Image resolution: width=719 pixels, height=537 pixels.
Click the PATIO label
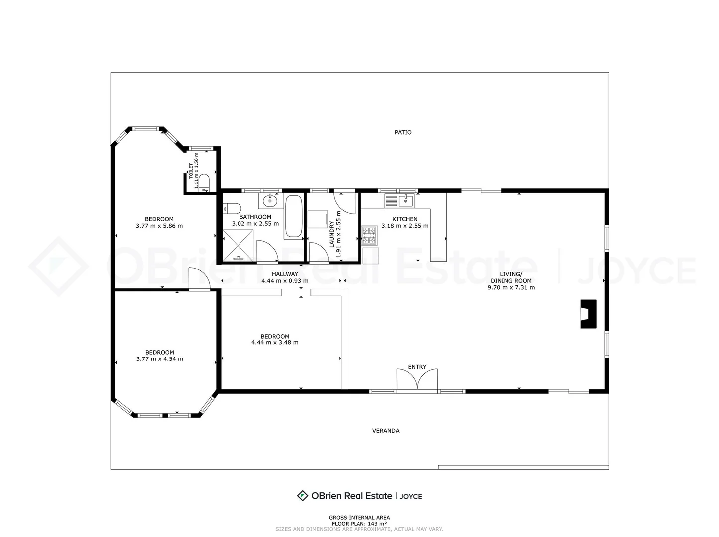(x=403, y=132)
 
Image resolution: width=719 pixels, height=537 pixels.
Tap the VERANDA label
(x=386, y=431)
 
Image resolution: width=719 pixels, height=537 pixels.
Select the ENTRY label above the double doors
(x=417, y=367)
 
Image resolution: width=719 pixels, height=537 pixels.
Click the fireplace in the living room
(x=588, y=314)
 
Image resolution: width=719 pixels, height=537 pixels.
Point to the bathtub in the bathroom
(x=294, y=216)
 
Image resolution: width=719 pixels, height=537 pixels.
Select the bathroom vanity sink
(x=270, y=201)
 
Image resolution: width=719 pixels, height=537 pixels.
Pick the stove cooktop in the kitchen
(x=369, y=236)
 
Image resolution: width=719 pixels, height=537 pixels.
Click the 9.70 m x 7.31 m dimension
(x=511, y=288)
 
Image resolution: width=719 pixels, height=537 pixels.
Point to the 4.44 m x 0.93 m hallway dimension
(x=285, y=281)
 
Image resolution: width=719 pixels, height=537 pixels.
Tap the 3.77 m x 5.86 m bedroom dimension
(x=159, y=226)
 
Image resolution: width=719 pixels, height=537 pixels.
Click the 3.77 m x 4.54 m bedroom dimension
(x=159, y=359)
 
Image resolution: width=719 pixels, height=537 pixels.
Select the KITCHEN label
(x=405, y=219)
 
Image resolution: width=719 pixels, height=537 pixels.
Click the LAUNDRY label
(x=332, y=234)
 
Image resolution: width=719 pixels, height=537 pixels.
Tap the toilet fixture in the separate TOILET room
(x=204, y=182)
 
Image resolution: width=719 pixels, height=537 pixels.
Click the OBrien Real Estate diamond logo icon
(x=302, y=496)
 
